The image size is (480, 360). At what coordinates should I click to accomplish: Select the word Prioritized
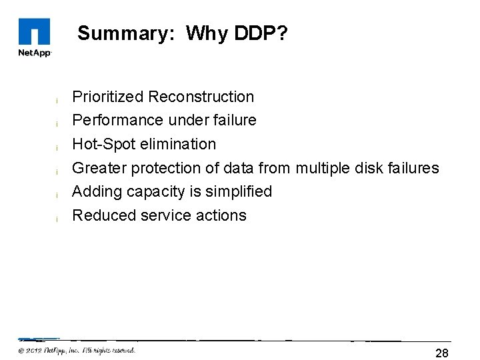(107, 97)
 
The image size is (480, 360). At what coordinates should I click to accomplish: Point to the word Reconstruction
(201, 97)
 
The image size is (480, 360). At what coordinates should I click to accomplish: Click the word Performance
(109, 120)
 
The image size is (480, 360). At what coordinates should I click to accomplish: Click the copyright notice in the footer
(77, 350)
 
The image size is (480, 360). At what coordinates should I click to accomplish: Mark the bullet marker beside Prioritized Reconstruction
(58, 100)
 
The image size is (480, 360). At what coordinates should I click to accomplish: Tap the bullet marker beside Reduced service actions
(58, 219)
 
